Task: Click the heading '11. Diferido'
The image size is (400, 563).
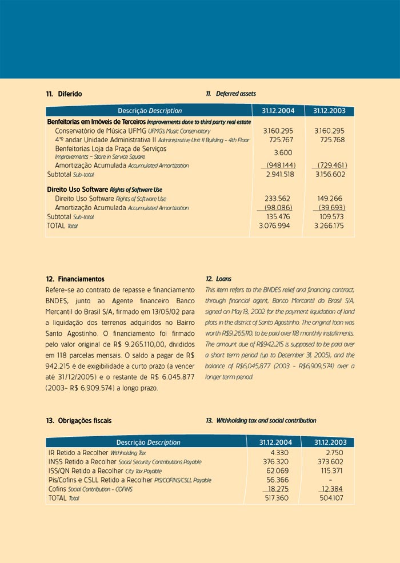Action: [63, 94]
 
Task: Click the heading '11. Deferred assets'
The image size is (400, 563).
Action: [230, 94]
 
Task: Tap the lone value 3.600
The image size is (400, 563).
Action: [283, 152]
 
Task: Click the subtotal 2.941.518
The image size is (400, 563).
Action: [279, 174]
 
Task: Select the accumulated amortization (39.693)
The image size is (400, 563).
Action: [330, 208]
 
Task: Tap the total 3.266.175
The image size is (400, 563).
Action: [329, 226]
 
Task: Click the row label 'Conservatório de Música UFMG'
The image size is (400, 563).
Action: [101, 131]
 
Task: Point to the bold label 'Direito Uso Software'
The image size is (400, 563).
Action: [78, 189]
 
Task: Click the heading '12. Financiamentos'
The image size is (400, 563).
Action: [75, 279]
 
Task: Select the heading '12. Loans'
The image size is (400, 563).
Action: [218, 279]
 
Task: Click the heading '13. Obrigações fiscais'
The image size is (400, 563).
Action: [78, 421]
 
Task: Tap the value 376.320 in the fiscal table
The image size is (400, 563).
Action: [277, 462]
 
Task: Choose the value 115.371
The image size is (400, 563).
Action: [332, 471]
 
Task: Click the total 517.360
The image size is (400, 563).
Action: [277, 498]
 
